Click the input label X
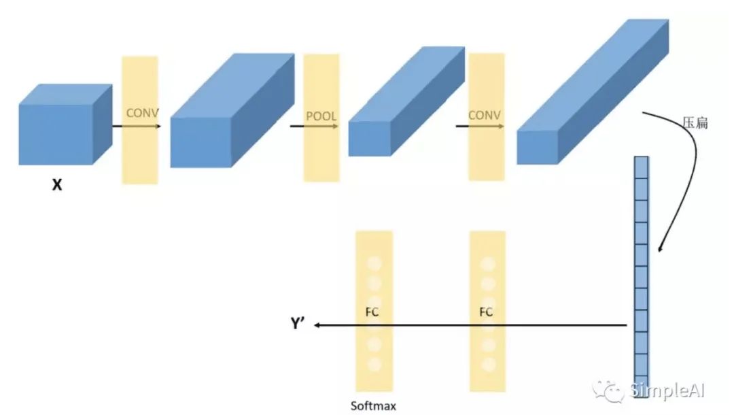click(x=57, y=184)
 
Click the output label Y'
click(x=299, y=325)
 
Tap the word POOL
click(x=321, y=116)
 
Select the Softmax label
click(x=373, y=406)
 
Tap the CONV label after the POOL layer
click(x=485, y=115)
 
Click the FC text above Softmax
click(x=372, y=312)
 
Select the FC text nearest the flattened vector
click(x=486, y=312)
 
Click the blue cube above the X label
click(x=65, y=124)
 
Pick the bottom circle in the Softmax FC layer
click(x=373, y=364)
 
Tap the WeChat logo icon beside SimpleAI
click(x=607, y=390)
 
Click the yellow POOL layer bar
click(x=321, y=156)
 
